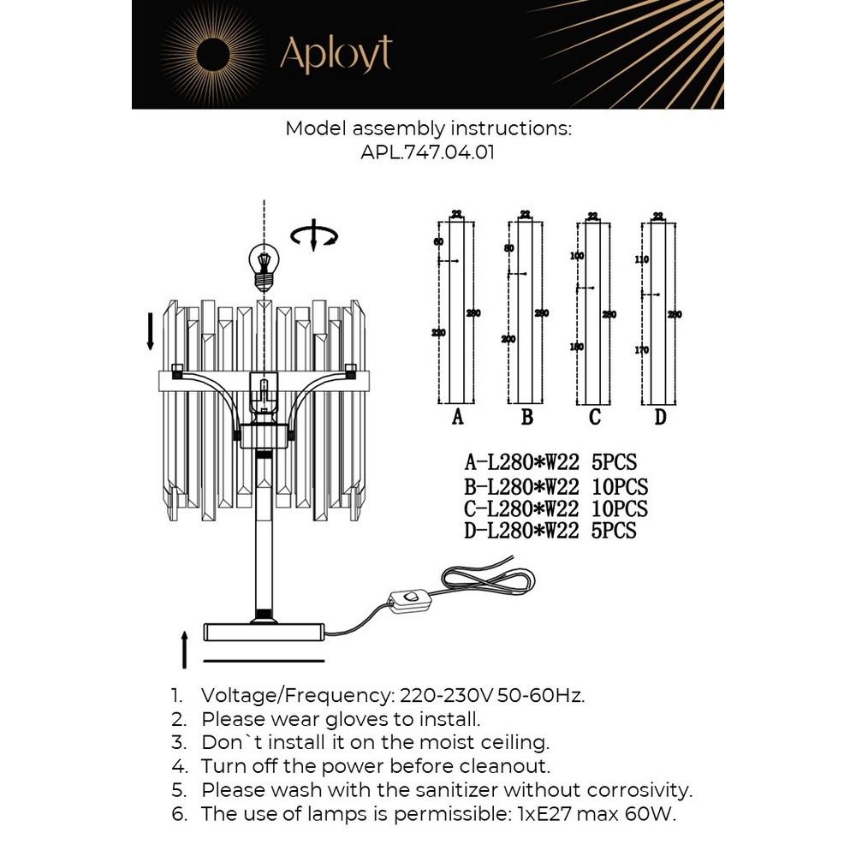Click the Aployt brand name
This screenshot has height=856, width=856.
coord(336,54)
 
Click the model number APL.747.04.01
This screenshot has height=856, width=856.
coord(428,152)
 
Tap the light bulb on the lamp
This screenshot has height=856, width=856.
coord(265,265)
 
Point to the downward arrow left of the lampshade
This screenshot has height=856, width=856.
coord(151,331)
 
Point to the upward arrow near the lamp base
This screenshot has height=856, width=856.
coord(185,649)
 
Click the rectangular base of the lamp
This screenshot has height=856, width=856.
coord(264,632)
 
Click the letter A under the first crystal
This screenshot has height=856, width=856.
coord(457,418)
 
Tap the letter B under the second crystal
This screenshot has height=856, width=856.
coord(527,418)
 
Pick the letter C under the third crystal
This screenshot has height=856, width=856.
coord(595,418)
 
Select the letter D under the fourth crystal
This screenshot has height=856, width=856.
coord(660,418)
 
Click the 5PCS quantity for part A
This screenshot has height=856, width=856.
coord(615,463)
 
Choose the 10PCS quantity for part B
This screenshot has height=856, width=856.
coord(620,486)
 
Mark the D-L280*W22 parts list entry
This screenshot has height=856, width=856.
coord(521,531)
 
